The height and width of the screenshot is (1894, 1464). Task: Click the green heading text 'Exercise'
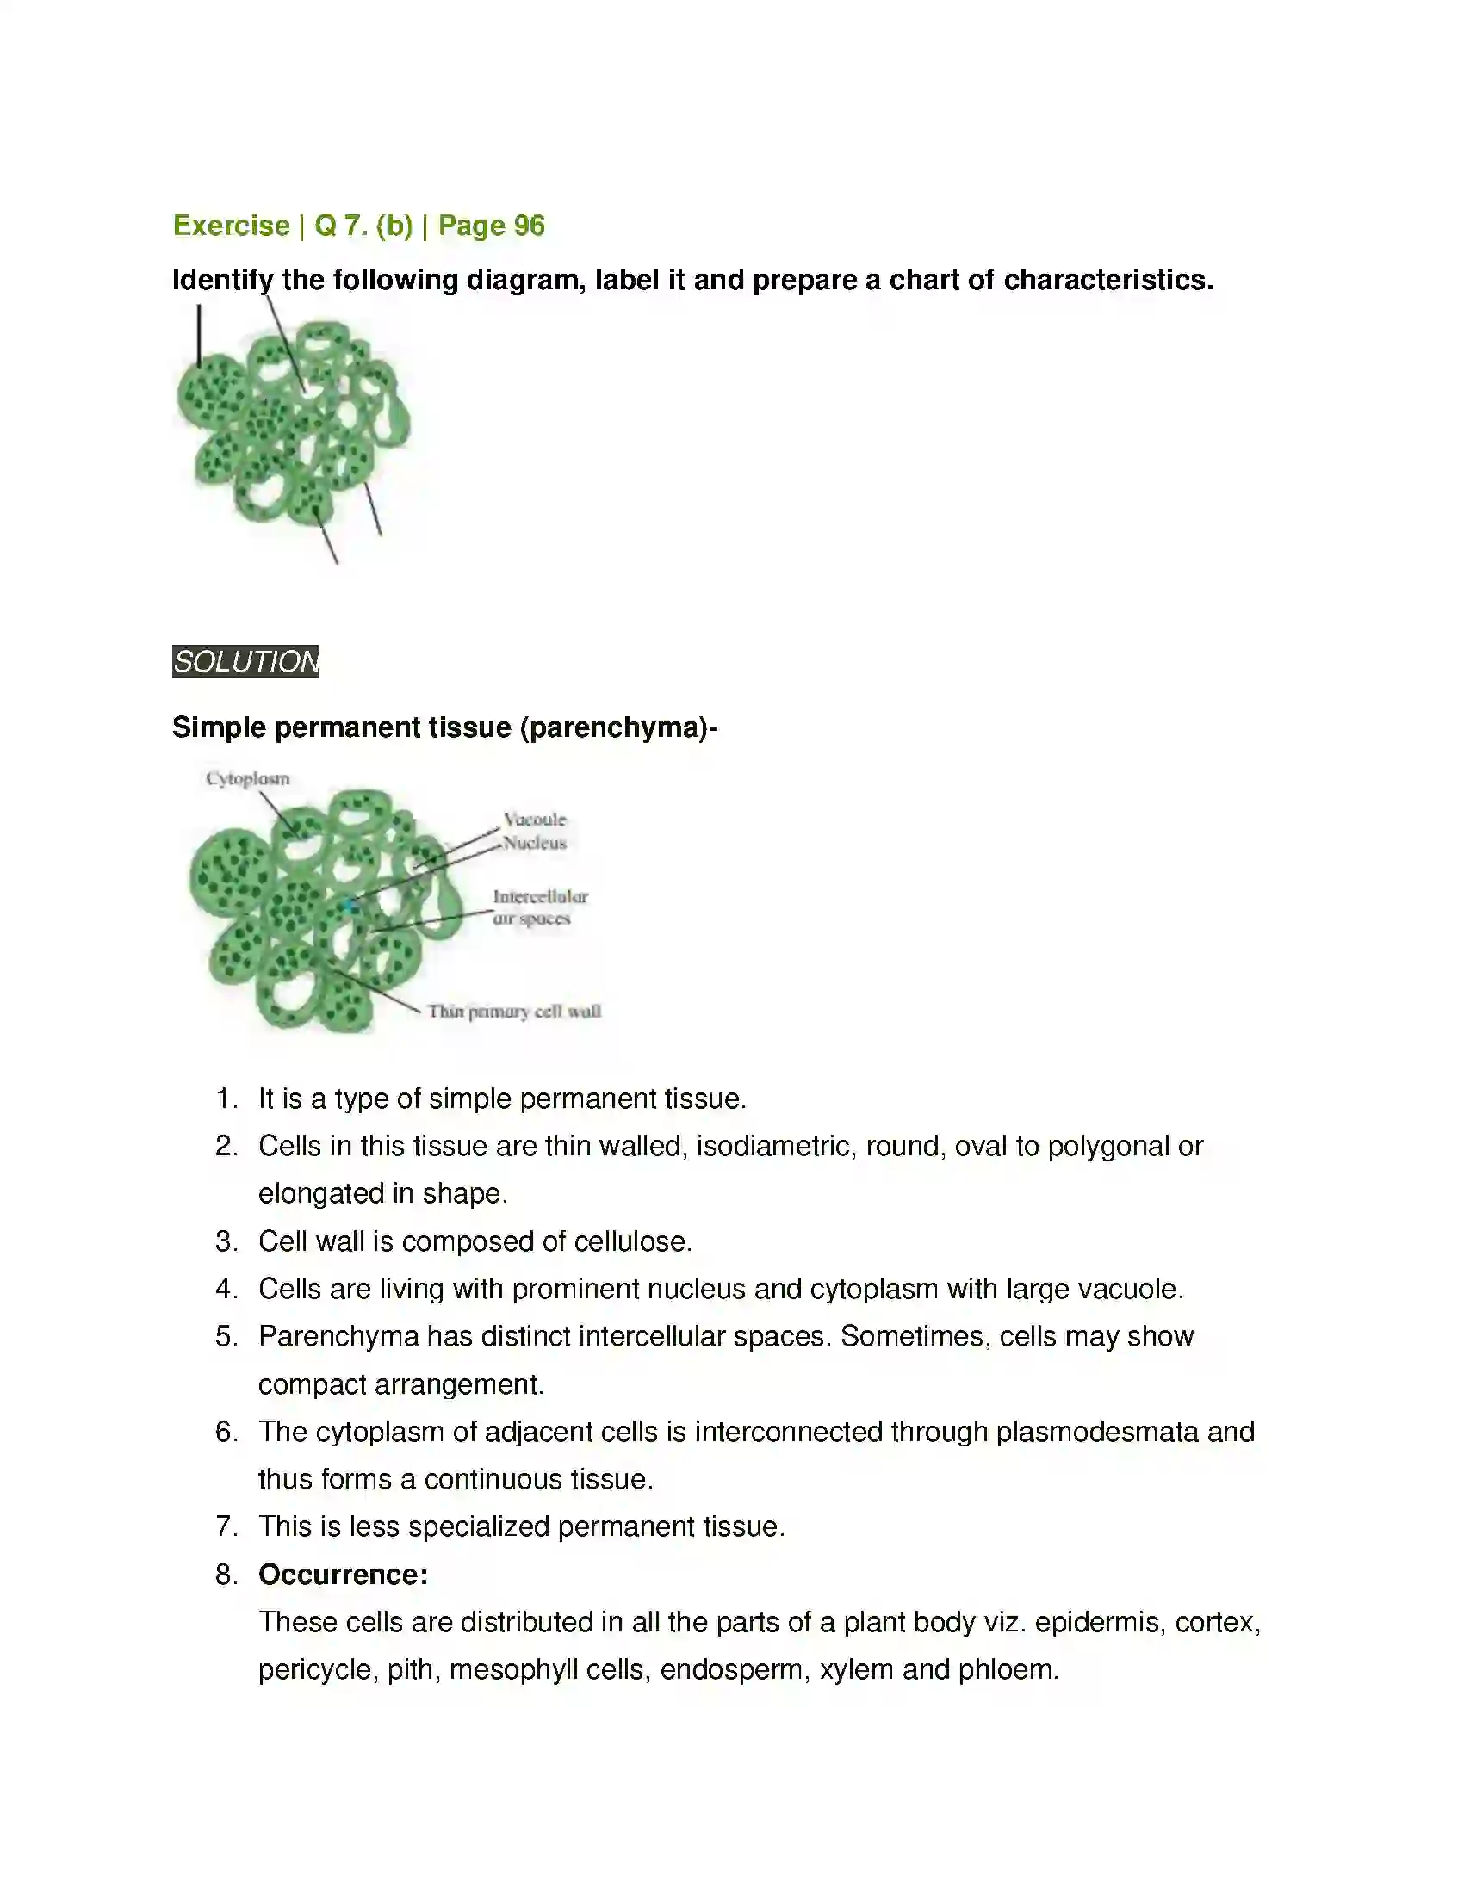pos(231,226)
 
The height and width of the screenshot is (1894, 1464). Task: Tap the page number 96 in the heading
pos(529,226)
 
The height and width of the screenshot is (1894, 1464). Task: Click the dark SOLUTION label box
pos(245,662)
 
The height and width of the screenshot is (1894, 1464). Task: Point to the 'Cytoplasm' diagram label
pos(248,779)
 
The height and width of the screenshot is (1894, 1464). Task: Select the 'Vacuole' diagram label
pos(534,820)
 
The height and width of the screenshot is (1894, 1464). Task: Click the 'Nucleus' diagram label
pos(535,843)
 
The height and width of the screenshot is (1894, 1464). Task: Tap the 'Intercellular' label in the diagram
pos(540,897)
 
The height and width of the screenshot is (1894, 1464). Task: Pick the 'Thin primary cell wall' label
pos(514,1012)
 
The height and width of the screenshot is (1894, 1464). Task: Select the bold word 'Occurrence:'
pos(343,1574)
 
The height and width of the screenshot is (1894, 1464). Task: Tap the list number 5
pos(226,1336)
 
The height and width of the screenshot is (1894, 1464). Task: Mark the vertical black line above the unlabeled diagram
pos(199,336)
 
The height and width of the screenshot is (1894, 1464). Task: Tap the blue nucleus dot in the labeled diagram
pos(350,907)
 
